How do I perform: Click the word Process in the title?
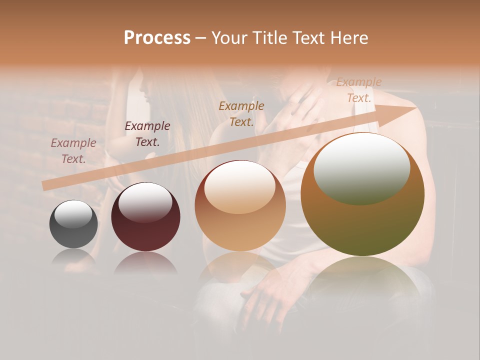pyautogui.click(x=157, y=38)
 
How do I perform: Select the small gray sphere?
pyautogui.click(x=73, y=224)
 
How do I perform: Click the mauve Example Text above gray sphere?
pyautogui.click(x=73, y=151)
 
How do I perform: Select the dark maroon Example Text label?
pyautogui.click(x=147, y=134)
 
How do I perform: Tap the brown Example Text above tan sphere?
pyautogui.click(x=241, y=114)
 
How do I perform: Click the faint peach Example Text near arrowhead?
pyautogui.click(x=358, y=90)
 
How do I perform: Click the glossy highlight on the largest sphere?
pyautogui.click(x=361, y=167)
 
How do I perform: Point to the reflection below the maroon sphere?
pyautogui.click(x=145, y=262)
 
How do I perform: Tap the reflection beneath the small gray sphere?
pyautogui.click(x=73, y=257)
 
